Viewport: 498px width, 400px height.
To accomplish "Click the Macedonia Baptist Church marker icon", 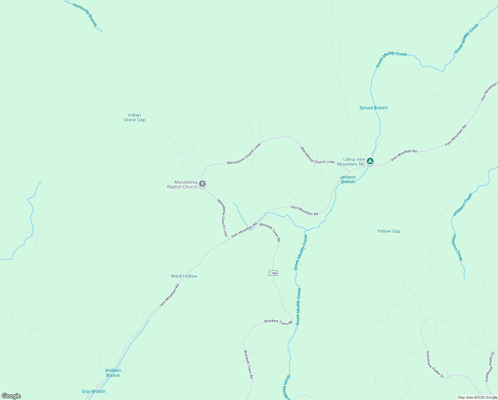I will click(202, 184).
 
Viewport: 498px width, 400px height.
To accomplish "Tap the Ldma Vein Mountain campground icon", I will click(370, 162).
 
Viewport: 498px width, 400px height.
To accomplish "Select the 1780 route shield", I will click(273, 273).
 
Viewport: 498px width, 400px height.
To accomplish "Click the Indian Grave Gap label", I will click(134, 117).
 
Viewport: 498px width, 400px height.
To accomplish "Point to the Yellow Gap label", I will click(388, 231).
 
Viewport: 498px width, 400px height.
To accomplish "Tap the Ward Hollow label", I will click(184, 276).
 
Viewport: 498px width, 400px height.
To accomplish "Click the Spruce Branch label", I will click(373, 108).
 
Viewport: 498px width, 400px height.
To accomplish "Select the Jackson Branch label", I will click(348, 179).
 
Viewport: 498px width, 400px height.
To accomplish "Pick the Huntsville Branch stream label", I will click(85, 15).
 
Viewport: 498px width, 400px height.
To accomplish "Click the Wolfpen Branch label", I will click(113, 373).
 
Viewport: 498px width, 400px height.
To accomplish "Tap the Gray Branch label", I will click(94, 391).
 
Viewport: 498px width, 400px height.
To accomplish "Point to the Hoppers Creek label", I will click(463, 205).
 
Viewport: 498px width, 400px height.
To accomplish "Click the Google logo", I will click(11, 396).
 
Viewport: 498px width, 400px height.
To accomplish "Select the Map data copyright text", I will click(477, 397).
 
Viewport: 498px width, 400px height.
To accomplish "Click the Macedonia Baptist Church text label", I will click(182, 184).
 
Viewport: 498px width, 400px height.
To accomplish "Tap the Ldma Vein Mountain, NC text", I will click(351, 162).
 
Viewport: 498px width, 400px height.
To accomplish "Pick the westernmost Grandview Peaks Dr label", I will click(435, 364).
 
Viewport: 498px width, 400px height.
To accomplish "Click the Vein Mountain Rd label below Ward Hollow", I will click(169, 295).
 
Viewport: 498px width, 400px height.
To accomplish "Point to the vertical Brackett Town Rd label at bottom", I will click(248, 364).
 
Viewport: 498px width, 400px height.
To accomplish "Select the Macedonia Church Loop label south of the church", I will click(222, 218).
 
